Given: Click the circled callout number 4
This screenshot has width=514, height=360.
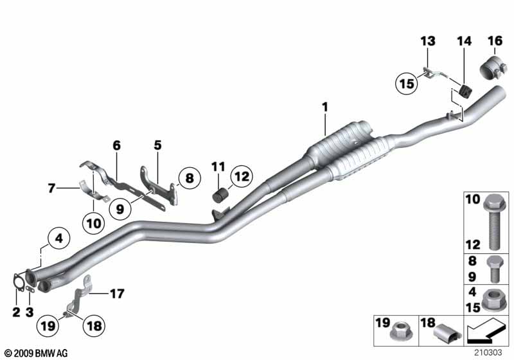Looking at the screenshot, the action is (58, 239).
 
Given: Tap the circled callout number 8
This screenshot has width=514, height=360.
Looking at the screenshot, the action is (189, 177).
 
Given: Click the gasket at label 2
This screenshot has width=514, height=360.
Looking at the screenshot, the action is (19, 283).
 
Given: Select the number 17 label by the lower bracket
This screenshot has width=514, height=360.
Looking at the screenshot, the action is (116, 294).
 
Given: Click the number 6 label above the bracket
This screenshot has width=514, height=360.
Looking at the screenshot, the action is (116, 146).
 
